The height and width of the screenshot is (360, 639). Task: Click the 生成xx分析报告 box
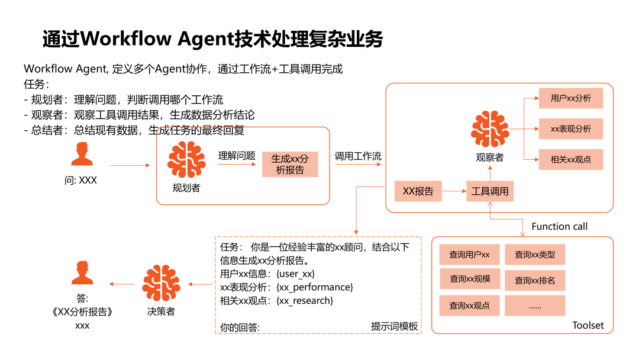point(290,164)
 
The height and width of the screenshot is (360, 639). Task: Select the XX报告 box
point(418,191)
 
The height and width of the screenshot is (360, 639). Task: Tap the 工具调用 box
point(489,191)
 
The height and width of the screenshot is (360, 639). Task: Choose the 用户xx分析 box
point(570,98)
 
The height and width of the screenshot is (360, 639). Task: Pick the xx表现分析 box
point(570,129)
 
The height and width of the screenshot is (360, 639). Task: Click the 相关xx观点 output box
point(570,160)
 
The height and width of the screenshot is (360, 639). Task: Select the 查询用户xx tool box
point(469,255)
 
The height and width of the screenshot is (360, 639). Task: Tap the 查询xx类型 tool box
point(535,255)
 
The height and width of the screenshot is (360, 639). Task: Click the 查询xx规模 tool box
point(469,279)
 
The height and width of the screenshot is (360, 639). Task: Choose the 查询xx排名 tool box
point(535,280)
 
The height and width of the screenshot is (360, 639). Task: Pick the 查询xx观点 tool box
point(469,306)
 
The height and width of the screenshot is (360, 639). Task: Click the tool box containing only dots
point(535,306)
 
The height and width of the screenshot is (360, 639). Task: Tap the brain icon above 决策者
point(161,284)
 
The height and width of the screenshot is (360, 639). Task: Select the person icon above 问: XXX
point(82,153)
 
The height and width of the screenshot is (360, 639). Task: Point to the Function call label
point(559,226)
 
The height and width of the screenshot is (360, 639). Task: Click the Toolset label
point(588,325)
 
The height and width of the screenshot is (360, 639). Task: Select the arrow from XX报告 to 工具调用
point(454,191)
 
